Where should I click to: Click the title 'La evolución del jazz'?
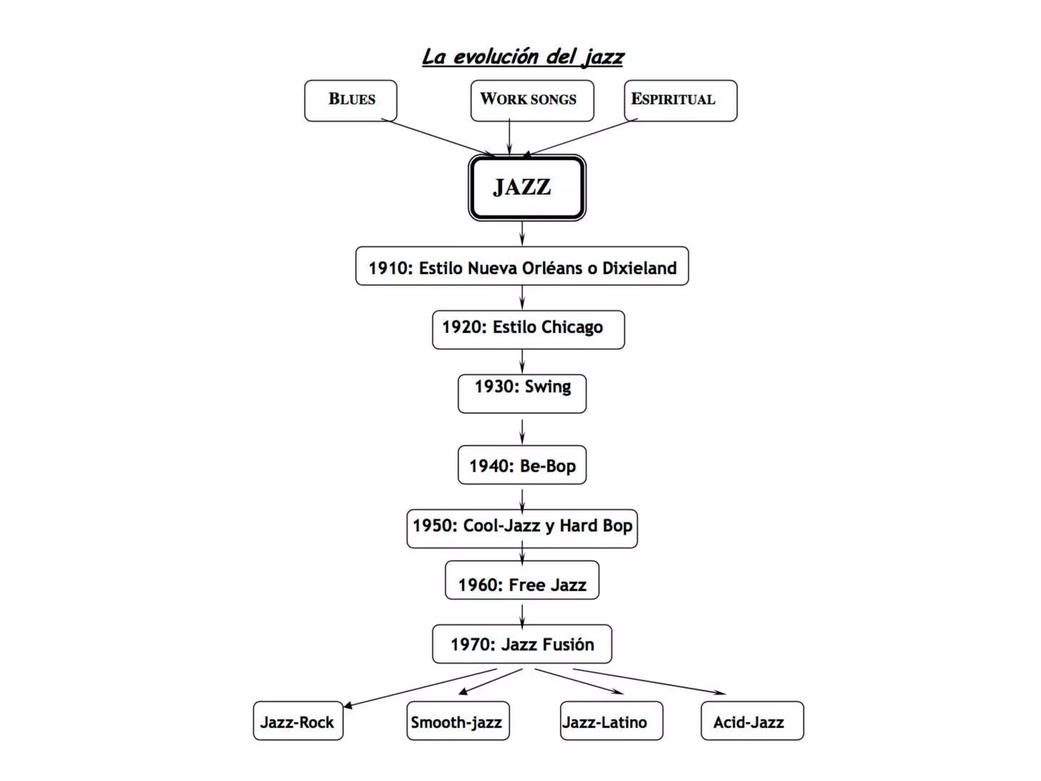point(523,56)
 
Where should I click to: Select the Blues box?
point(351,100)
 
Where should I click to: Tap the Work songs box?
point(532,100)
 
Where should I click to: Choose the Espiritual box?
point(680,100)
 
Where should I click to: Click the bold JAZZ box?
point(527,188)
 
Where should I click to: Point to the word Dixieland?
point(639,268)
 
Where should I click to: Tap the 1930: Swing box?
point(522,393)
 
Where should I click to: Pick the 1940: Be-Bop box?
point(522,465)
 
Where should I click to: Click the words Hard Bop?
point(596,525)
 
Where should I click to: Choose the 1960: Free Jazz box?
point(522,580)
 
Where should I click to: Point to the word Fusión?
point(568,644)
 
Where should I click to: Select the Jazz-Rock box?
point(298,720)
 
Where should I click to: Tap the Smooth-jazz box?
point(457,720)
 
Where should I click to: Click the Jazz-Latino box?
point(611,720)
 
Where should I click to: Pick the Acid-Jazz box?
point(752,720)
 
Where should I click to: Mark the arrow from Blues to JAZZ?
point(438,137)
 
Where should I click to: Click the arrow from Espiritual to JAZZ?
point(580,137)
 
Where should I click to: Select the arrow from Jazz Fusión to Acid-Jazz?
point(649,681)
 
